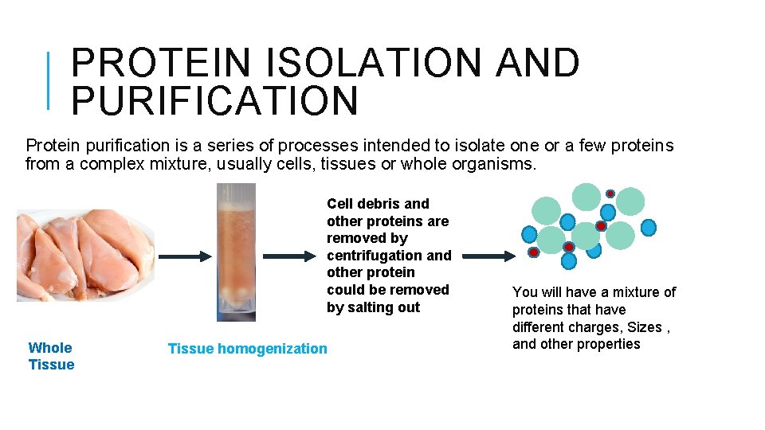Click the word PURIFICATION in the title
tap(215, 101)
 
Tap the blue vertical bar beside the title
tap(49, 80)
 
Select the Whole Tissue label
tap(51, 356)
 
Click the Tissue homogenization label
tap(247, 348)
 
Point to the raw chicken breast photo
tap(84, 253)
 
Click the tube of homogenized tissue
tap(237, 251)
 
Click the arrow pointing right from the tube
tap(291, 256)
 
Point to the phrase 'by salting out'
tap(373, 307)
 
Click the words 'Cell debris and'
tap(378, 204)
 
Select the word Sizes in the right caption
tap(645, 327)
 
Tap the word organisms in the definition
tap(498, 165)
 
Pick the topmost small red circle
tap(610, 193)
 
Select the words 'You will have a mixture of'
tap(594, 292)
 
